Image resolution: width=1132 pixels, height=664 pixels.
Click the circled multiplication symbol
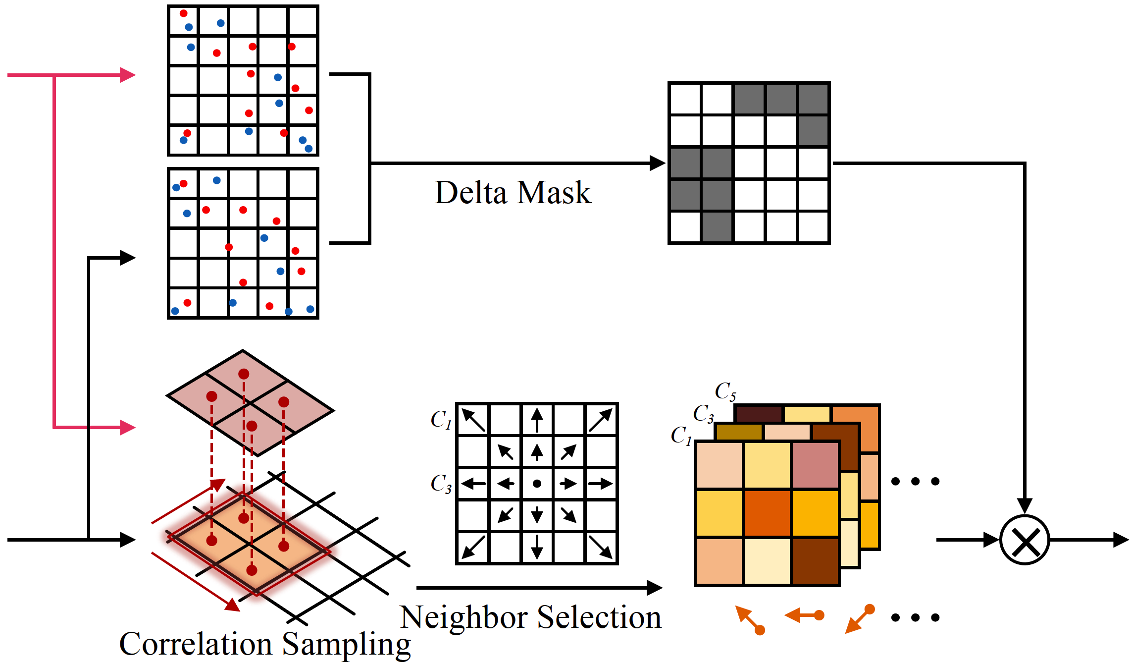click(1025, 540)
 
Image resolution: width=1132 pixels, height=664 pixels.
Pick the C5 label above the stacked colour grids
click(725, 391)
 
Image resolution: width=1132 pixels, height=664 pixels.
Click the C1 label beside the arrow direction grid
click(441, 420)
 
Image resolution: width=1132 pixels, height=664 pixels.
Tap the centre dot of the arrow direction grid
click(537, 484)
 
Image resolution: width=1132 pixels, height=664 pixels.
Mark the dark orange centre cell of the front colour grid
click(767, 513)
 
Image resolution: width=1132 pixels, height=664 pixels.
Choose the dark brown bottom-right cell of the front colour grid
click(815, 561)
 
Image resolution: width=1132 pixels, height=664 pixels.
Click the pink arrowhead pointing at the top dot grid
click(128, 75)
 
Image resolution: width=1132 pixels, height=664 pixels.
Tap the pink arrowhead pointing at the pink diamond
click(128, 427)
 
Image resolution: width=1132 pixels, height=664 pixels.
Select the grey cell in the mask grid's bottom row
click(717, 227)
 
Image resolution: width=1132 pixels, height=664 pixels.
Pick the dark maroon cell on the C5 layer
click(758, 414)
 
